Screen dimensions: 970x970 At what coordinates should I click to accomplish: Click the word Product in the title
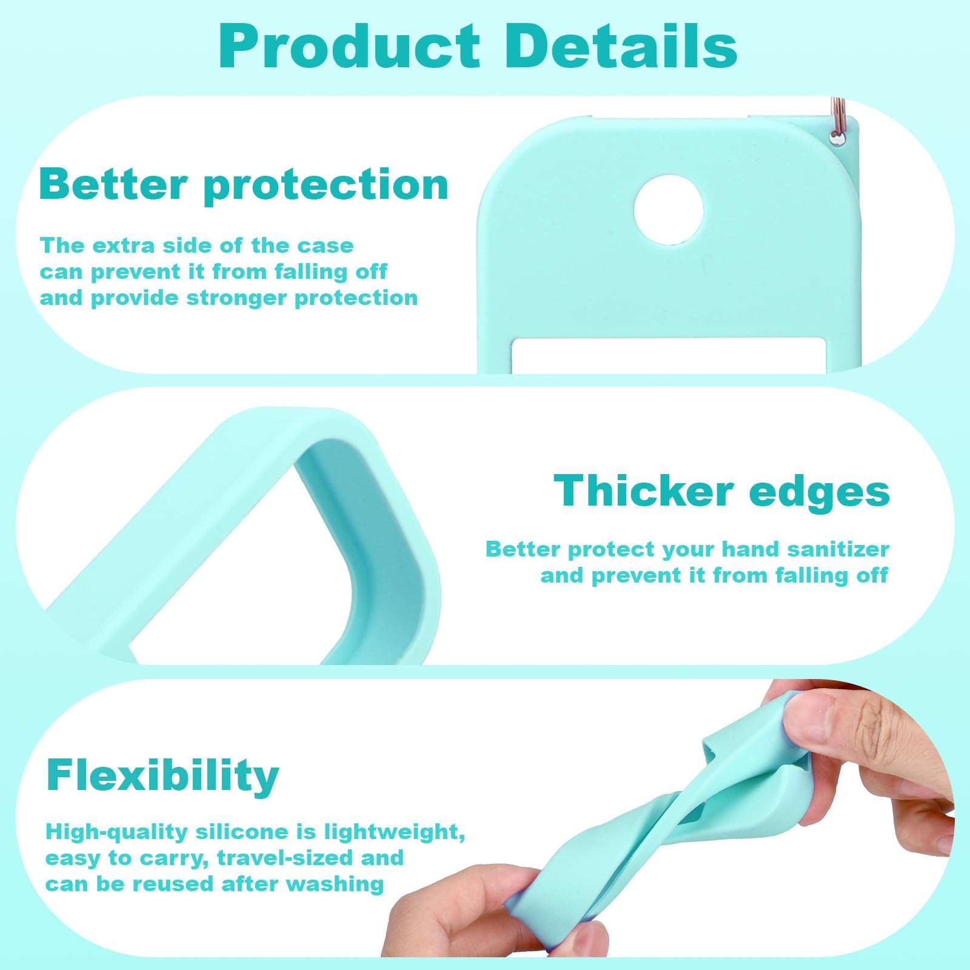pos(350,47)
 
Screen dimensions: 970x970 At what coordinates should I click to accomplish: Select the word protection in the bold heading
pos(327,186)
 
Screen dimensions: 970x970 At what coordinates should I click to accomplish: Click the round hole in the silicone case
pos(669,210)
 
